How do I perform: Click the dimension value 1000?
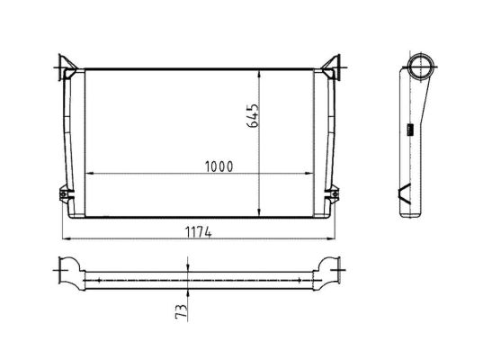[x=219, y=166]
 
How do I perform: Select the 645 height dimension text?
[x=253, y=115]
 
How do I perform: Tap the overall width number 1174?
[x=199, y=232]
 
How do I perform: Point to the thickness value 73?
[x=181, y=311]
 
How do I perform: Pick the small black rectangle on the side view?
[x=410, y=130]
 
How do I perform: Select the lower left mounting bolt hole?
[x=64, y=193]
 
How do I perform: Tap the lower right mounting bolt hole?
[x=335, y=193]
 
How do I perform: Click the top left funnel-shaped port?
[x=67, y=66]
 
